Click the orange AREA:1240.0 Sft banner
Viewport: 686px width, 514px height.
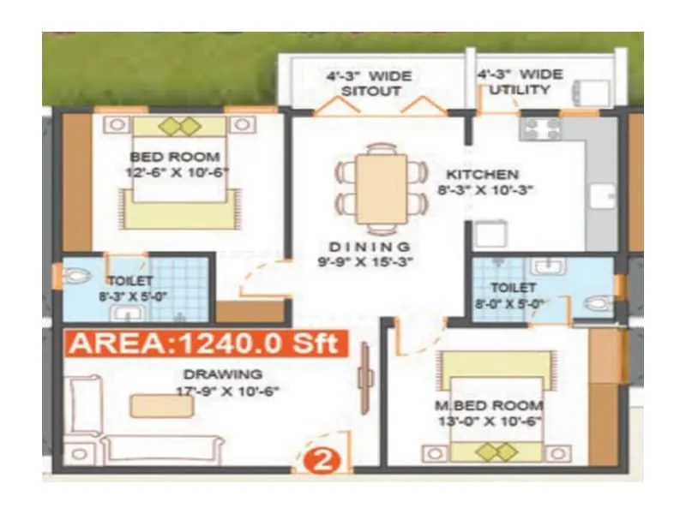pyautogui.click(x=207, y=344)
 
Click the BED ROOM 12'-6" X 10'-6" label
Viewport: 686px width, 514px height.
pyautogui.click(x=175, y=164)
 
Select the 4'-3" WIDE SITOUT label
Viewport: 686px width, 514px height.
pyautogui.click(x=370, y=83)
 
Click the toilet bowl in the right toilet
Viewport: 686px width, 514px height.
pyautogui.click(x=598, y=302)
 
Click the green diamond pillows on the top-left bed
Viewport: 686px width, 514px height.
pyautogui.click(x=179, y=126)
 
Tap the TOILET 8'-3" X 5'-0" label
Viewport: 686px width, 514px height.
pyautogui.click(x=129, y=287)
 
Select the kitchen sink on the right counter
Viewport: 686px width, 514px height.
pyautogui.click(x=605, y=196)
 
